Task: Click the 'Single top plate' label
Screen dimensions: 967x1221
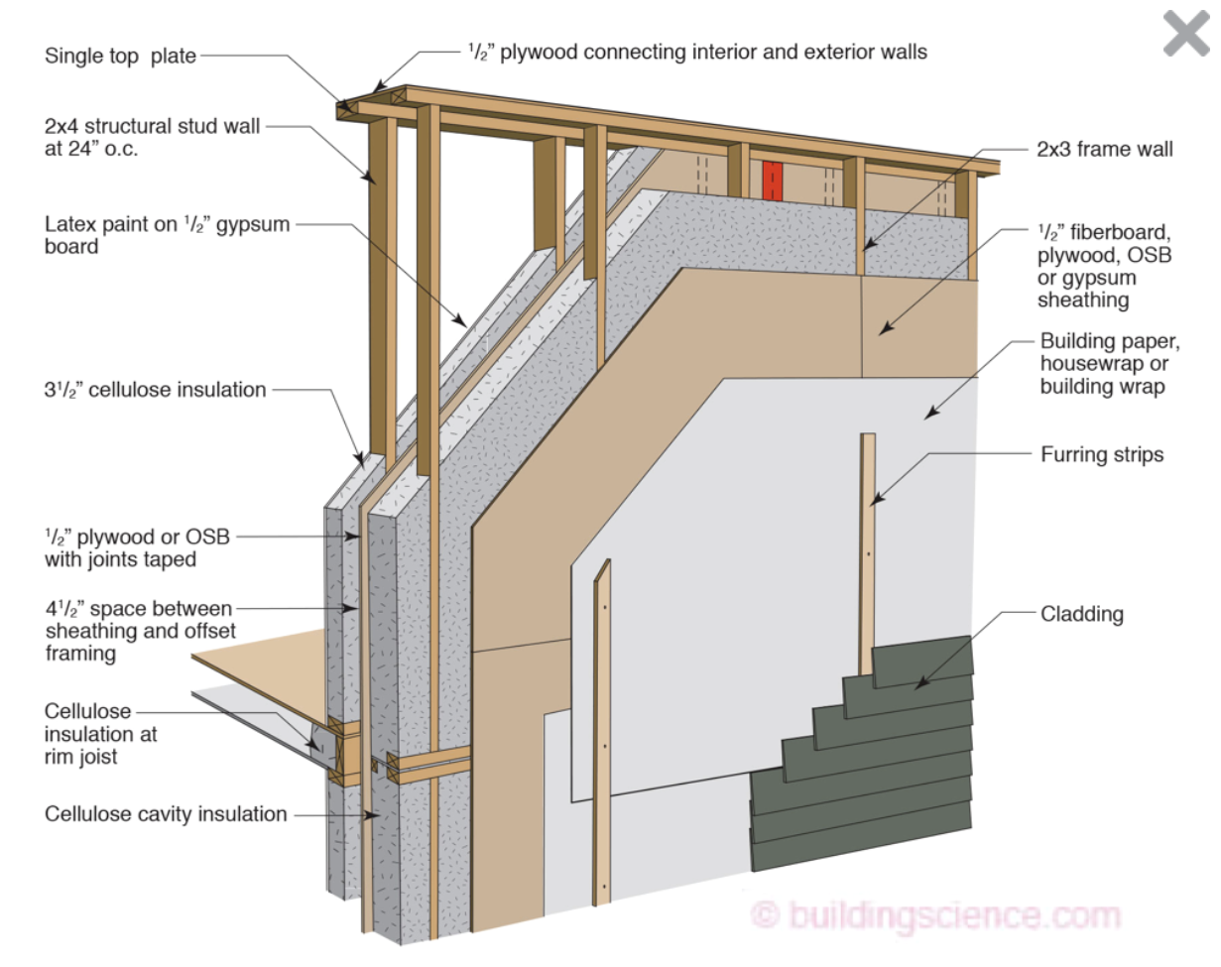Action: tap(120, 56)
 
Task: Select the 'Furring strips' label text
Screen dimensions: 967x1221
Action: tap(1101, 455)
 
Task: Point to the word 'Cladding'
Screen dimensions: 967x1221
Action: tap(1081, 614)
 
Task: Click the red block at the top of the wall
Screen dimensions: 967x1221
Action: tap(773, 181)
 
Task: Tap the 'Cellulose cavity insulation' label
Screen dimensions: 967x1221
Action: tap(166, 814)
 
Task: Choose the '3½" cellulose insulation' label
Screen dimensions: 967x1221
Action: tap(155, 390)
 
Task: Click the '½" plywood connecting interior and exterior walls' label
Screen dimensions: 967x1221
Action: tap(697, 51)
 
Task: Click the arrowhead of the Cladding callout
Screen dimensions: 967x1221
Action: tap(918, 685)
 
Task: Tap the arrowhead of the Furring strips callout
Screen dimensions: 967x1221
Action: tap(874, 503)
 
